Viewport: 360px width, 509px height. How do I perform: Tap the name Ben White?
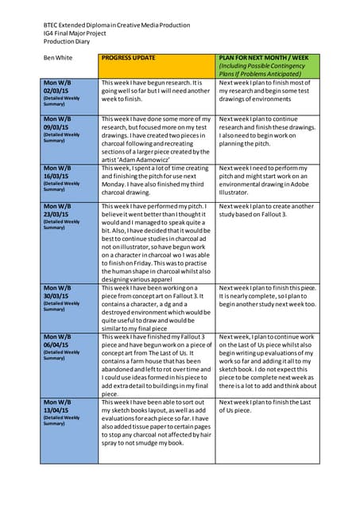(59, 58)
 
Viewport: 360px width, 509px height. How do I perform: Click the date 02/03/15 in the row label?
(57, 91)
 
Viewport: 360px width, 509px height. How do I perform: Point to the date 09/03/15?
(57, 127)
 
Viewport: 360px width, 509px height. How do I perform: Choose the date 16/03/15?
(57, 177)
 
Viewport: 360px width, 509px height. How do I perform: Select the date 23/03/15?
(57, 214)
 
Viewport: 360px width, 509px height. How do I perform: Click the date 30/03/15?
(57, 296)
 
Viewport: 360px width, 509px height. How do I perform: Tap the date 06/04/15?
(57, 345)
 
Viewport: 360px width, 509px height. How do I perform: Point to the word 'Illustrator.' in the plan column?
(236, 192)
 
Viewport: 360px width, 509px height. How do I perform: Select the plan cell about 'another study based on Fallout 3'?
(268, 210)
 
